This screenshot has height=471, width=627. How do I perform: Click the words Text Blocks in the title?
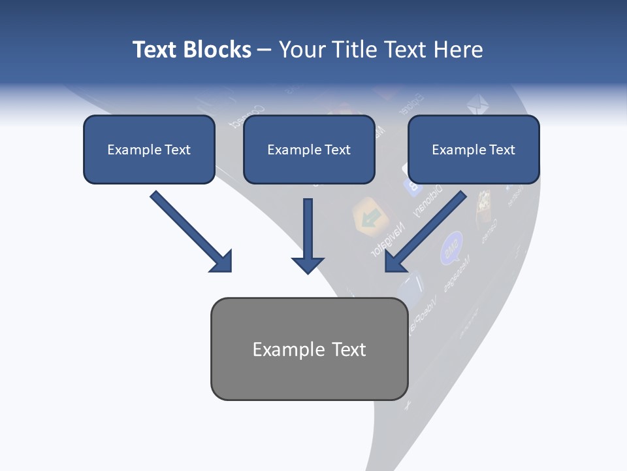191,50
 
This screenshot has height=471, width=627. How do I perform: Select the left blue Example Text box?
149,150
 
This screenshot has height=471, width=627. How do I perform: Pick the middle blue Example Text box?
309,150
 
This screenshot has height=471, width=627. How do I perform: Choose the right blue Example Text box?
474,150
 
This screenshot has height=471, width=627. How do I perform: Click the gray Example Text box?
309,349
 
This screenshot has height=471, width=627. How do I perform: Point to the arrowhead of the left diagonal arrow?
221,261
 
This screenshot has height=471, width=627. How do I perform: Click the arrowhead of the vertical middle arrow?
308,264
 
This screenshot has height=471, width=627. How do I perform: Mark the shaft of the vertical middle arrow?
308,226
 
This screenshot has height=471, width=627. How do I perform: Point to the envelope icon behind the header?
477,104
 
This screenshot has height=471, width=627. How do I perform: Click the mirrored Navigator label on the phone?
387,239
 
